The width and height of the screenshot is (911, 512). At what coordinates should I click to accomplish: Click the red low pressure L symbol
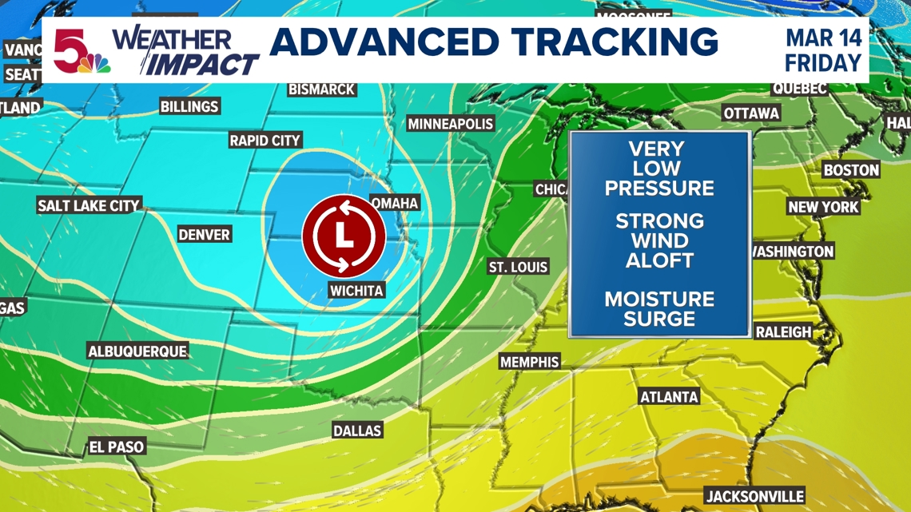coord(344,236)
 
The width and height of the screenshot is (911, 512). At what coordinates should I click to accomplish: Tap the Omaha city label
coord(395,203)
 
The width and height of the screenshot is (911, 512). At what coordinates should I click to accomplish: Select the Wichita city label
coord(356,290)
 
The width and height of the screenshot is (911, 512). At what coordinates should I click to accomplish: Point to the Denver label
coord(204,234)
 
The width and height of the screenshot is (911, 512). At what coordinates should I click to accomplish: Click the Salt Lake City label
coord(89,205)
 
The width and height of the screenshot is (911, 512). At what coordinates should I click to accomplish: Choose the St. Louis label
coord(519,266)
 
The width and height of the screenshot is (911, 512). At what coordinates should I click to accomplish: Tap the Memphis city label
coord(529,362)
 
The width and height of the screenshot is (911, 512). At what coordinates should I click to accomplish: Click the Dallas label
coord(357,431)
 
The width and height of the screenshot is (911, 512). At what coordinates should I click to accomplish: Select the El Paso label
coord(117,447)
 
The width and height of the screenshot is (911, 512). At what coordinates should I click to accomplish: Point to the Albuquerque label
coord(137,351)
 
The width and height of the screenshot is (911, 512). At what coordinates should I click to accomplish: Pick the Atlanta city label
coord(670,396)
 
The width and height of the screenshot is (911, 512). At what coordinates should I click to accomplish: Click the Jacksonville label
coord(754,496)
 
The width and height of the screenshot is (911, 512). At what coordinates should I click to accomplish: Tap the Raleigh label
coord(783,331)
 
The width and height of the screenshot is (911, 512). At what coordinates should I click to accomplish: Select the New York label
coord(823,207)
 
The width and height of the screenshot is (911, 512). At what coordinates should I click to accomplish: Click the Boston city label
coord(851,169)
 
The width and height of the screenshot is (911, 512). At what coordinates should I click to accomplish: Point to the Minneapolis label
coord(451,124)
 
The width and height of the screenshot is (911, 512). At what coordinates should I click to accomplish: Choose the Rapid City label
coord(265,141)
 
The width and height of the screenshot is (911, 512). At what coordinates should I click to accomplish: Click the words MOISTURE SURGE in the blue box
coord(659,309)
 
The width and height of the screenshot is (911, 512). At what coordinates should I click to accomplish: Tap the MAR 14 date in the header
coord(823,38)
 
